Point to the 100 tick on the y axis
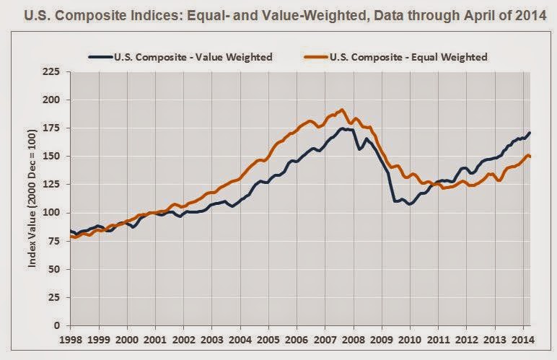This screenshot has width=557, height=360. (x=52, y=213)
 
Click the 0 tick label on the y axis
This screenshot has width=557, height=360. (x=56, y=325)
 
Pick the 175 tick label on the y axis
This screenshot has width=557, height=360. (x=52, y=128)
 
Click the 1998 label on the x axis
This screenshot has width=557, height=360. (x=71, y=338)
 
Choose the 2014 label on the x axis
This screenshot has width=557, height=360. (x=522, y=338)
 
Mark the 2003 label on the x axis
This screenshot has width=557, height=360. (x=212, y=338)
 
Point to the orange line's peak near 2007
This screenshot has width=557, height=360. (x=341, y=110)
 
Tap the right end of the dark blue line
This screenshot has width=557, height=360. (x=531, y=132)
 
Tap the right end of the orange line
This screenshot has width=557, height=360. (x=531, y=157)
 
